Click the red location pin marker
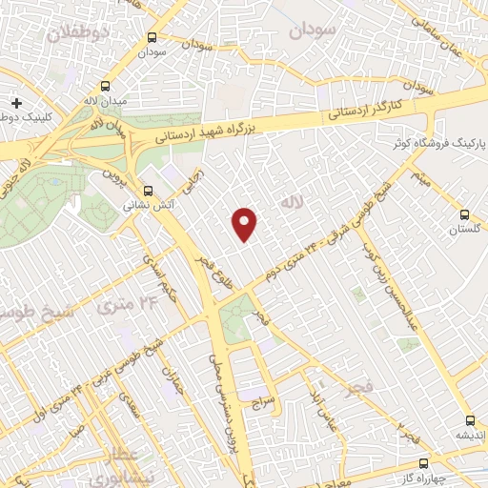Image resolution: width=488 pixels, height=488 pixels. click(246, 224)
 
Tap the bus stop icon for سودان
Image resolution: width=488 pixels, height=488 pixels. click(152, 37)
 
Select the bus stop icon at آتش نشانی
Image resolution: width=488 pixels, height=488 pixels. click(147, 189)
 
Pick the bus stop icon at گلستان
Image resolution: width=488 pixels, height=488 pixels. click(466, 215)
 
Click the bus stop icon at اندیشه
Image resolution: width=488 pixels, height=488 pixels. click(469, 420)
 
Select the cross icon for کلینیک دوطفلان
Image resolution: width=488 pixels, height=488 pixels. click(16, 102)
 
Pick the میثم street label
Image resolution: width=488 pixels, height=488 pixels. click(420, 176)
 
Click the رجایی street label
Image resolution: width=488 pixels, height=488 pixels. click(196, 178)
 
